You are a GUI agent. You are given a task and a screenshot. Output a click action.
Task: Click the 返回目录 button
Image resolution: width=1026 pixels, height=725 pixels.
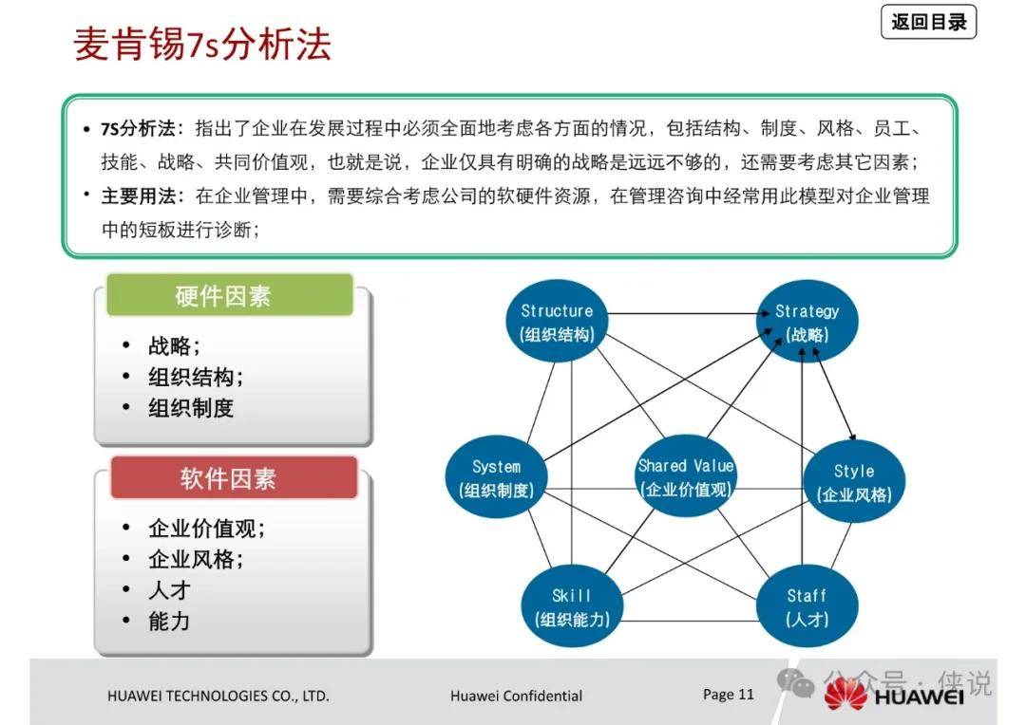pyautogui.click(x=928, y=22)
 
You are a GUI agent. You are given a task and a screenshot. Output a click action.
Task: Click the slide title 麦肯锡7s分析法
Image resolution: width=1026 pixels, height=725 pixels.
pyautogui.click(x=202, y=45)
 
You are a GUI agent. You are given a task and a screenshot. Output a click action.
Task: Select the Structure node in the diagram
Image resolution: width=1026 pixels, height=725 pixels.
pyautogui.click(x=557, y=322)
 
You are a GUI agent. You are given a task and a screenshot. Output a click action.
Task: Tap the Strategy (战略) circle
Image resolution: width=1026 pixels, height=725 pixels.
pyautogui.click(x=807, y=322)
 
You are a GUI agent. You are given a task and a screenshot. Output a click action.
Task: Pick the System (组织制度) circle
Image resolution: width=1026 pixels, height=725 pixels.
pyautogui.click(x=496, y=477)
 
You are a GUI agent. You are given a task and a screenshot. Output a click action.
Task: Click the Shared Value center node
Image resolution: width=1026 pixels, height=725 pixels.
pyautogui.click(x=685, y=476)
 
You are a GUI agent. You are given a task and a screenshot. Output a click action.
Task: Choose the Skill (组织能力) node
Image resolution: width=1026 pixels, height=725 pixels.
pyautogui.click(x=572, y=606)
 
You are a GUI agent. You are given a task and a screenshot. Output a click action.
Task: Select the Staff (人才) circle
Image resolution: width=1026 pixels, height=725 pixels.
pyautogui.click(x=807, y=606)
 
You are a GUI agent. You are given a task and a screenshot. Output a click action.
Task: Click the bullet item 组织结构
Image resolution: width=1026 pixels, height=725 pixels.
pyautogui.click(x=195, y=377)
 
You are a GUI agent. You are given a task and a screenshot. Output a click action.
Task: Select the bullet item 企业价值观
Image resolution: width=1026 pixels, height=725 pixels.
pyautogui.click(x=206, y=528)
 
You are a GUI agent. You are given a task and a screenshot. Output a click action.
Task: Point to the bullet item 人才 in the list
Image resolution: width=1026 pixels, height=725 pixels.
pyautogui.click(x=169, y=589)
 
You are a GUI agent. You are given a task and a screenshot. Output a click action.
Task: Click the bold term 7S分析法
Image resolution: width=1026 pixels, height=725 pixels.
pyautogui.click(x=138, y=128)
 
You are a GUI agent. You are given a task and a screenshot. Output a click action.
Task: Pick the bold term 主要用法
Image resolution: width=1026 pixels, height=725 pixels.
pyautogui.click(x=138, y=195)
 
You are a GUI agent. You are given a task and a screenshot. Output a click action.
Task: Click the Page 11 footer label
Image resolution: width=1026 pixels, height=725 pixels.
pyautogui.click(x=729, y=695)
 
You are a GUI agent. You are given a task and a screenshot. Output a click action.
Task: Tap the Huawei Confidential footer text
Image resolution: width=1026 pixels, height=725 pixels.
pyautogui.click(x=516, y=697)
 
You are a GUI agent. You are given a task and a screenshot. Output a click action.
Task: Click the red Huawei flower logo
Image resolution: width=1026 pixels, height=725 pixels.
pyautogui.click(x=845, y=695)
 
